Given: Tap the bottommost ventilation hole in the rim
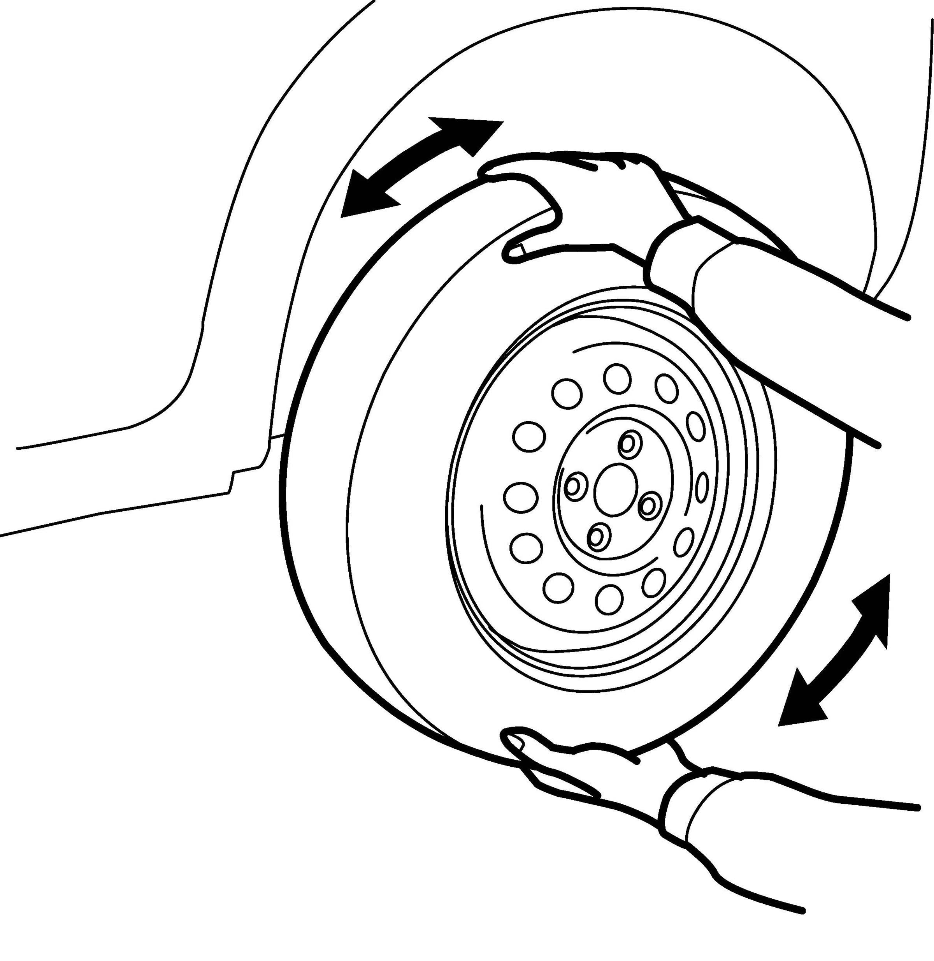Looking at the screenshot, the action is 610,599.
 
